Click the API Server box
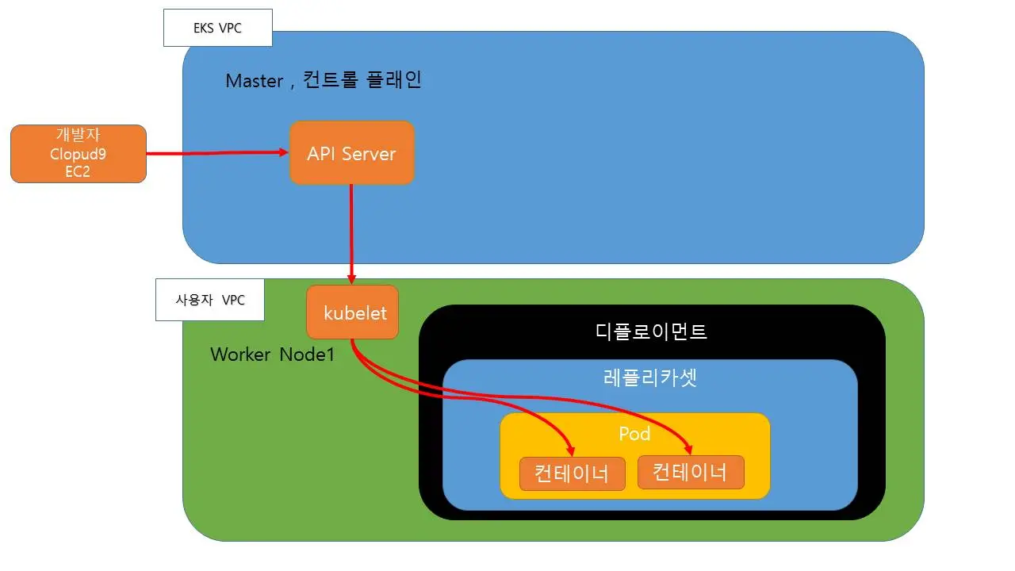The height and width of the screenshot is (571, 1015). pos(351,153)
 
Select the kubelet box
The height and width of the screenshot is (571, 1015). pos(352,312)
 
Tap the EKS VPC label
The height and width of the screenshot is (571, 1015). pos(217,29)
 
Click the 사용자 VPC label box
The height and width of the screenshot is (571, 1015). pos(209,301)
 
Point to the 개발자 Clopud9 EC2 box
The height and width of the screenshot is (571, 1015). pos(79,154)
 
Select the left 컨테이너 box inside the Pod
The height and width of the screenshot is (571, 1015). pos(572,474)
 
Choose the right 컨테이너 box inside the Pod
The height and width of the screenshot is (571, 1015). pos(690,473)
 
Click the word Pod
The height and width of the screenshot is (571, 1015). pos(634,434)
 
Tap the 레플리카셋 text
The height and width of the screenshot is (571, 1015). pos(649,377)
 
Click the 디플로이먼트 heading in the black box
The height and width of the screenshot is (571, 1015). pos(651,331)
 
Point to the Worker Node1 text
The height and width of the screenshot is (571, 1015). pos(272,354)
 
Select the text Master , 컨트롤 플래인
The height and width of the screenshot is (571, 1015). pos(324,80)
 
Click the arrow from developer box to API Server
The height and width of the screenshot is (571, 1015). pos(214,153)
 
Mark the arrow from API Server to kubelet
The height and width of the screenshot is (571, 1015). pos(351,230)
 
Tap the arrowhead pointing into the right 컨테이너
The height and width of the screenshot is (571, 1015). pos(688,449)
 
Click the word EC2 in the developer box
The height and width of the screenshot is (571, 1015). pos(79,171)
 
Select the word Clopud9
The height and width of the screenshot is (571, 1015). pos(79,154)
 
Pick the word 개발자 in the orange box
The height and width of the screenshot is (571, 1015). pos(79,136)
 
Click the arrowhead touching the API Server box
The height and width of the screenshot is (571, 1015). pos(282,152)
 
